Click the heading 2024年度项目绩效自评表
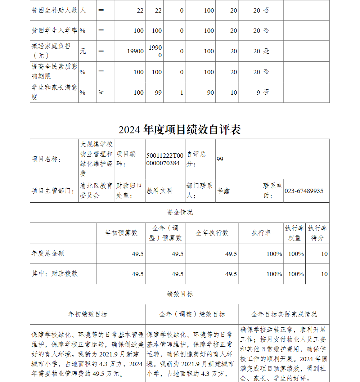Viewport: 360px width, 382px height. (180, 130)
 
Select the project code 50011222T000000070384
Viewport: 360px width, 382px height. (165, 159)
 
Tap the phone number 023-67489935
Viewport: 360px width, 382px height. (304, 191)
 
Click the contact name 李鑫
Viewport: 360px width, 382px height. (223, 191)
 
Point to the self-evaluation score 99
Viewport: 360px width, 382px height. (220, 159)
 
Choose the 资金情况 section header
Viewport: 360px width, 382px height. (180, 212)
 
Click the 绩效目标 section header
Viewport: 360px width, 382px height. (180, 294)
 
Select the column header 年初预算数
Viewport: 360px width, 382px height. (121, 233)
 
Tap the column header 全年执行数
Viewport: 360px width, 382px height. (212, 233)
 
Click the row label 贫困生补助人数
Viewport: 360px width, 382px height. (54, 10)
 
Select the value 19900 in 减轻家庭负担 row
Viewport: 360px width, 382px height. (135, 51)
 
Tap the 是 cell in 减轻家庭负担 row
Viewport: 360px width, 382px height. (266, 51)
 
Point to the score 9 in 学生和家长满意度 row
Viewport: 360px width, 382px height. (258, 93)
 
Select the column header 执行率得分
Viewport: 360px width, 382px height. (317, 233)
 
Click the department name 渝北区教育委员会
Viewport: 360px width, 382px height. (96, 191)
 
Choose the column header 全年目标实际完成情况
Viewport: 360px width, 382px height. (284, 314)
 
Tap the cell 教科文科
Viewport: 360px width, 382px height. (159, 191)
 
